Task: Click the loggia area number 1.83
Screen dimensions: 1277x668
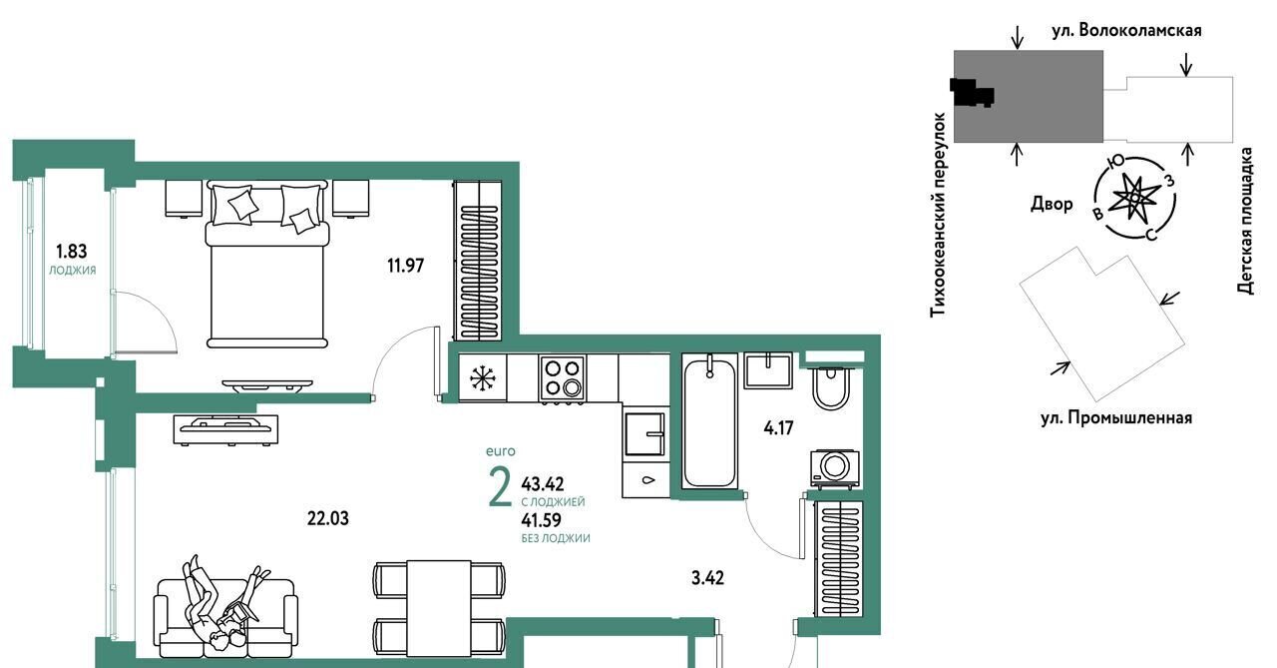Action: coord(71,251)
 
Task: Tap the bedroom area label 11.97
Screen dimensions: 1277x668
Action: coord(405,266)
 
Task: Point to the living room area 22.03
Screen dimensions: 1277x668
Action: coord(328,518)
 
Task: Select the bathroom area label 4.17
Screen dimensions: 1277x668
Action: coord(778,427)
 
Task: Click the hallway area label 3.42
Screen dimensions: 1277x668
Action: coord(707,578)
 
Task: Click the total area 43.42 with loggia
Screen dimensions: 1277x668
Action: coord(542,484)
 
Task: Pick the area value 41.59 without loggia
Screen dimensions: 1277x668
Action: coord(541,520)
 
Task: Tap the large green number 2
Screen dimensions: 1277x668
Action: coord(500,486)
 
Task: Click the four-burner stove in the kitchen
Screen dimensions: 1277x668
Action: coord(562,377)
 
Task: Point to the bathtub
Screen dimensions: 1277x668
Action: coord(709,421)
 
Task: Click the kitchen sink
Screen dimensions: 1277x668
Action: coord(645,434)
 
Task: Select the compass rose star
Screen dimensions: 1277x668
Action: coord(1134,198)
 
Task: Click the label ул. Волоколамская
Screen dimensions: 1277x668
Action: coord(1126,31)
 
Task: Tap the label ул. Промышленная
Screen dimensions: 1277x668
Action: coord(1116,418)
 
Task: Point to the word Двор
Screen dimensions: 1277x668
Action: coord(1052,204)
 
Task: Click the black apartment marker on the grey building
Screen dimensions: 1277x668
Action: coord(972,93)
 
